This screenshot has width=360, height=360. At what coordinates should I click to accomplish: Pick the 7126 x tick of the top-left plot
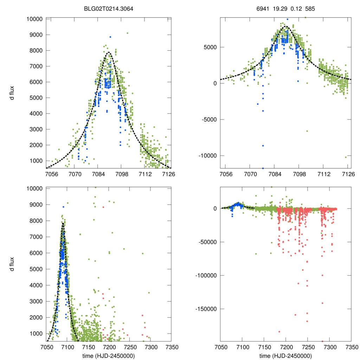168,174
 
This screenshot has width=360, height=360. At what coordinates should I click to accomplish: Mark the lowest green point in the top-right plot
346,157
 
